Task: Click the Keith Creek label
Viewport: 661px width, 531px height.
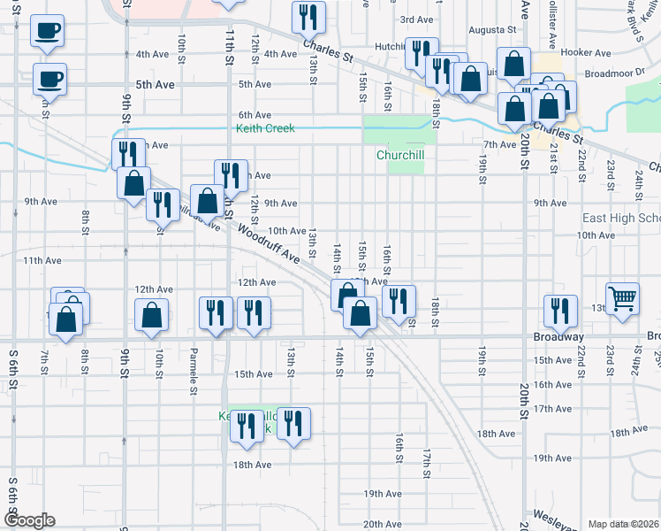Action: coord(265,128)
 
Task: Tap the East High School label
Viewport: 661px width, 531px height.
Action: coord(620,219)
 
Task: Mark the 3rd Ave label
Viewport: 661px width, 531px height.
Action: coord(416,19)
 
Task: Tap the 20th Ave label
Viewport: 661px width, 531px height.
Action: coord(382,524)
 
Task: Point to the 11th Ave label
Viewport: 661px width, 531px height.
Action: coord(42,261)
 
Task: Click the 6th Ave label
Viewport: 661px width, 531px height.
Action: coord(254,115)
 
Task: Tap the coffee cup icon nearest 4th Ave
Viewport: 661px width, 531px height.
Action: coord(47,32)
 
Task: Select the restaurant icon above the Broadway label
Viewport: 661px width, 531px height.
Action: coord(559,310)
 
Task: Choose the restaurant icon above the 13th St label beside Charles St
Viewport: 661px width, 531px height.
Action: coord(309,16)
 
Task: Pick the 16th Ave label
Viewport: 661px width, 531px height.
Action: coord(552,384)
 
